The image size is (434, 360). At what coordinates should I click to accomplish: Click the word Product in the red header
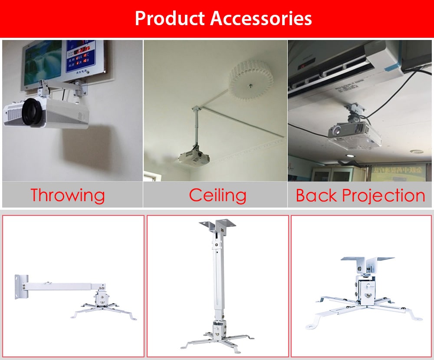point(170,19)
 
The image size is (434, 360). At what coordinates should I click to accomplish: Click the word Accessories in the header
point(261,19)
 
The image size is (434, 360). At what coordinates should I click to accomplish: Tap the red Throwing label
point(68,195)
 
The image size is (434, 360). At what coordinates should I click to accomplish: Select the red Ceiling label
point(217,195)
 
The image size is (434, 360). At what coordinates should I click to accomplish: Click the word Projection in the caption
point(383,196)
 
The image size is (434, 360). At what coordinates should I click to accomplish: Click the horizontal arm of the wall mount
point(61,287)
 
